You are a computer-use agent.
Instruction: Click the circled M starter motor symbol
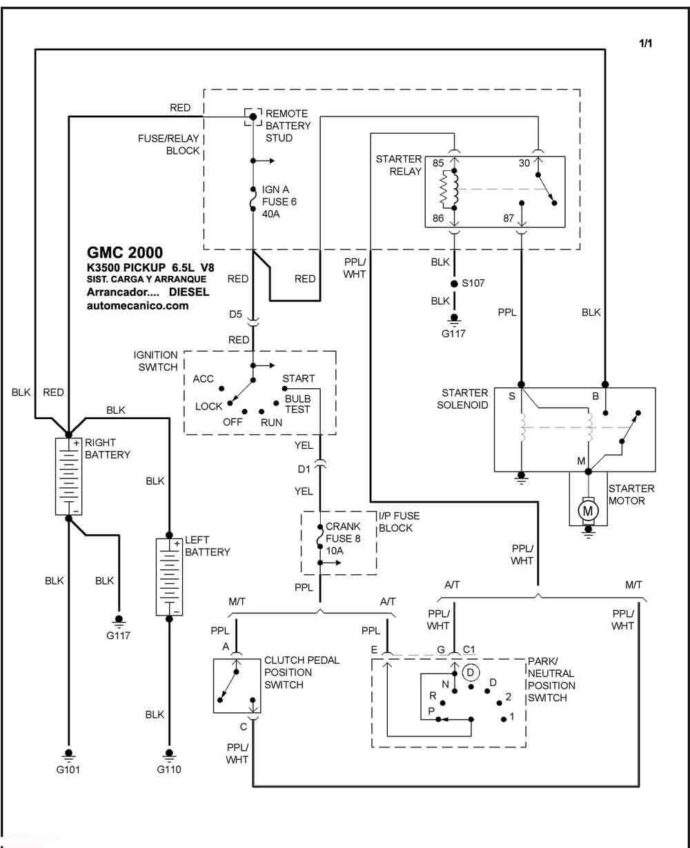(588, 511)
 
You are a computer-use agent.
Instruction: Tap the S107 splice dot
(454, 284)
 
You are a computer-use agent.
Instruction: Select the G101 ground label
(68, 769)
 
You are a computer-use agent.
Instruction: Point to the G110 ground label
(169, 769)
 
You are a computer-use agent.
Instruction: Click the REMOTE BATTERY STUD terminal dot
(253, 117)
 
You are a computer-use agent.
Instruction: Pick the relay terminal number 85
(438, 163)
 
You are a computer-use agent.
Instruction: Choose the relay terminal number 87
(509, 218)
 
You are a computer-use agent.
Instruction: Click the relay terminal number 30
(524, 163)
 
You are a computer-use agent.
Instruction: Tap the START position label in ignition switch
(298, 378)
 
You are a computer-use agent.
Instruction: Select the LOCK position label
(208, 407)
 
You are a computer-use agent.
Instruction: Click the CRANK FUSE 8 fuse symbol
(319, 536)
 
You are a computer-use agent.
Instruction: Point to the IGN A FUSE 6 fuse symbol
(253, 199)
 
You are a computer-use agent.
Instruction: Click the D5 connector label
(235, 314)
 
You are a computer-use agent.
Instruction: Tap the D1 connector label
(304, 470)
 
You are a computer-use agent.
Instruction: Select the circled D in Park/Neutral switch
(471, 672)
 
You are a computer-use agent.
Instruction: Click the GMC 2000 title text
(125, 252)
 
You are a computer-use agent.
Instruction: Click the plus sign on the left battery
(177, 543)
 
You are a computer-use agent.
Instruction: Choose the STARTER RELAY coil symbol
(449, 190)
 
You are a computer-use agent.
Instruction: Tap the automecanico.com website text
(137, 305)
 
